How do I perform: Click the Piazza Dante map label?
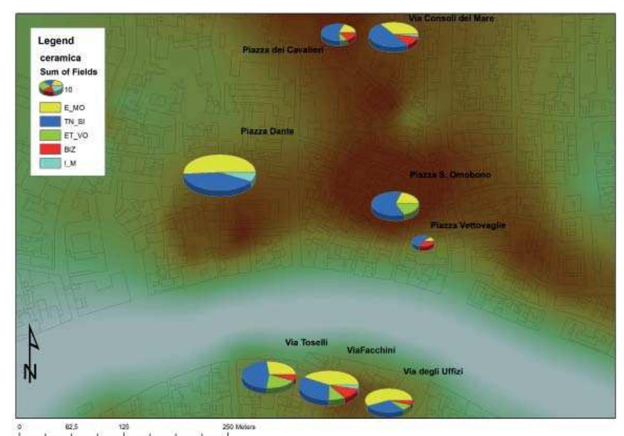click(x=267, y=131)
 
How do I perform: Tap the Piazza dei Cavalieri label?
click(x=283, y=50)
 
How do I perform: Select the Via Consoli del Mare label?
click(x=451, y=18)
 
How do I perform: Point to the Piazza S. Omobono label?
click(x=450, y=175)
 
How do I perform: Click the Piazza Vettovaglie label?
click(x=468, y=225)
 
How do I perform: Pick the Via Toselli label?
click(x=306, y=342)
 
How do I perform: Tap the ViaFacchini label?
click(x=371, y=350)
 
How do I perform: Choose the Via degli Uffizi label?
click(x=433, y=372)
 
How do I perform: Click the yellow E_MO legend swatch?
click(x=50, y=108)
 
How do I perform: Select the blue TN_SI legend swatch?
click(x=50, y=122)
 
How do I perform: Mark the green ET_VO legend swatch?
click(x=50, y=136)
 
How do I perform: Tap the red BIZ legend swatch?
click(x=50, y=150)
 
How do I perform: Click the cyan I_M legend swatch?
click(x=50, y=164)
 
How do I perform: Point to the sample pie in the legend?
click(x=51, y=88)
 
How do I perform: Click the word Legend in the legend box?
click(x=56, y=41)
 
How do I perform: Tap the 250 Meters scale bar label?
click(x=239, y=427)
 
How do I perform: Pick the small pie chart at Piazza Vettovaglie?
click(x=423, y=242)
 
